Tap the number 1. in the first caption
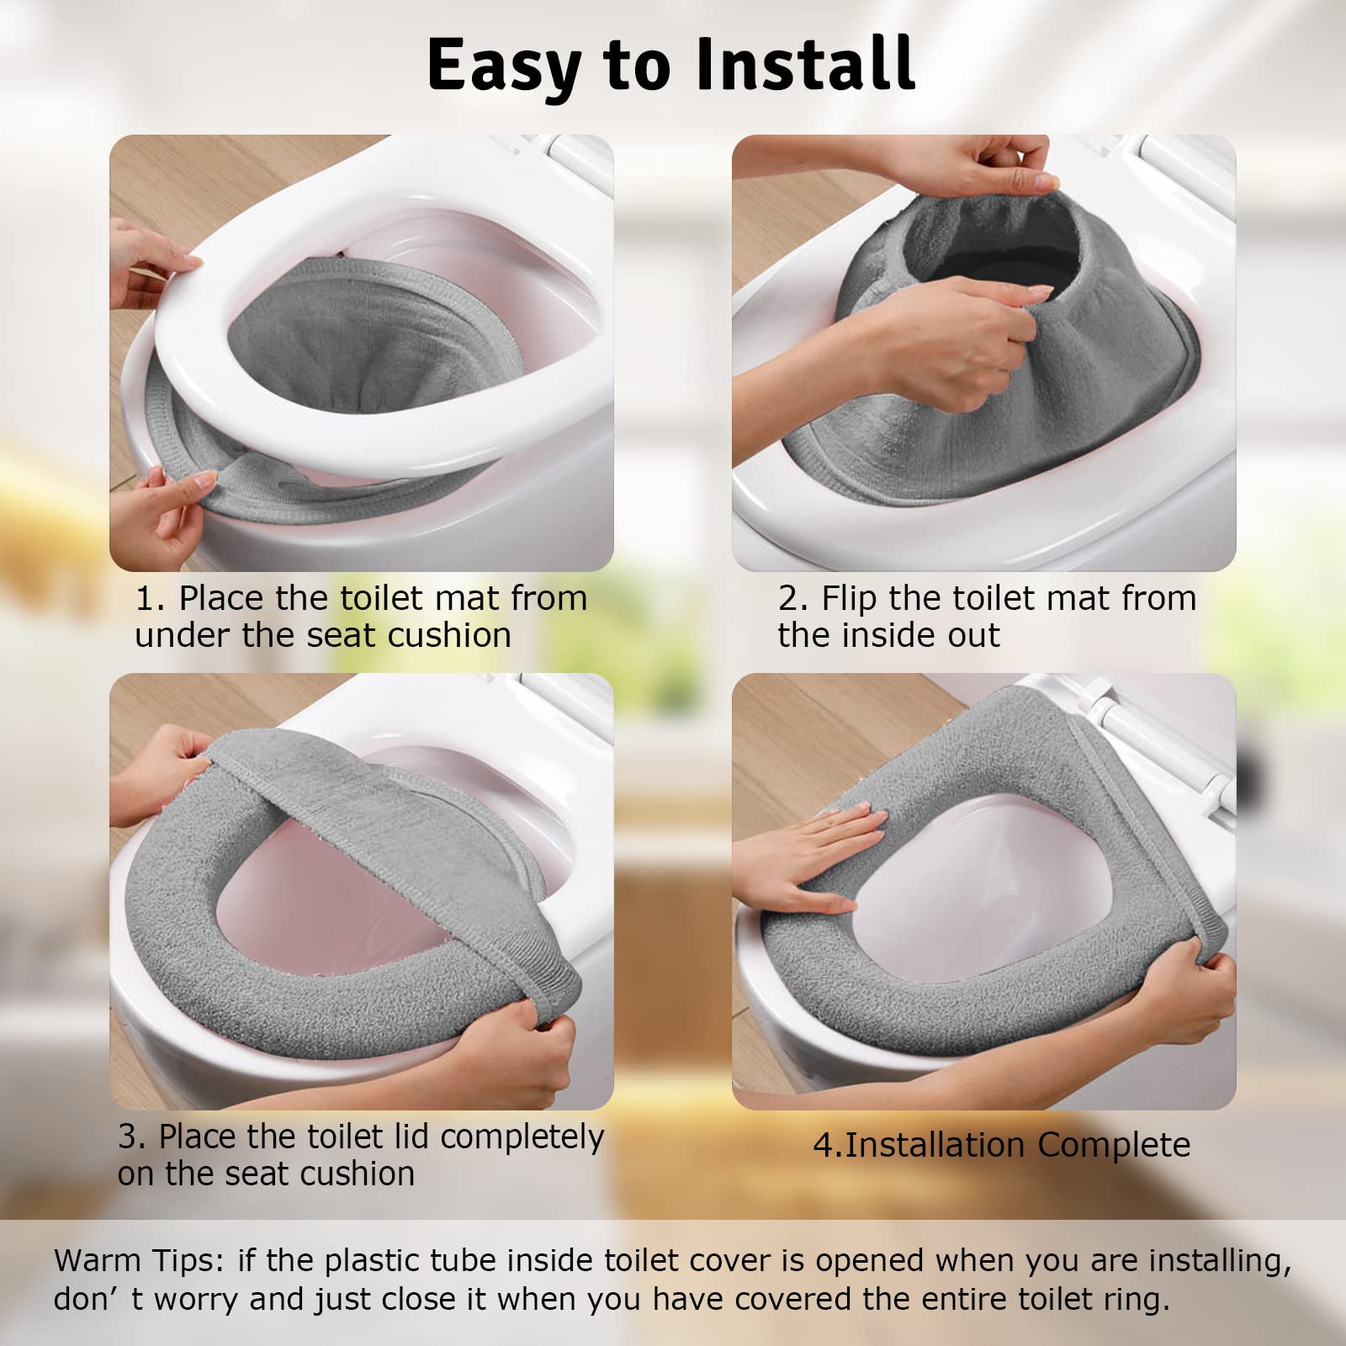[x=151, y=599]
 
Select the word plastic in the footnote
[x=378, y=1260]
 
